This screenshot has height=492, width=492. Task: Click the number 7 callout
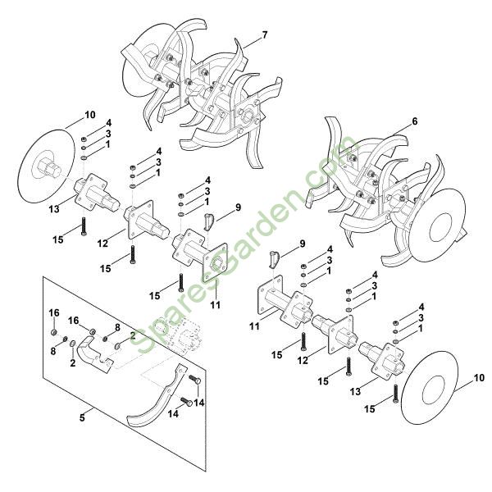click(x=265, y=34)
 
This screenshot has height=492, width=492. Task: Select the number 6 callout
click(x=415, y=121)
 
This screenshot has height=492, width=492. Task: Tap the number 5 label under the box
click(x=82, y=418)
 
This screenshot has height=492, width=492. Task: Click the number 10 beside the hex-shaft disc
click(x=89, y=115)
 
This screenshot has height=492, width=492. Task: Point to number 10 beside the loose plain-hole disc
click(x=479, y=378)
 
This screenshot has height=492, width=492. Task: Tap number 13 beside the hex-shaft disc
click(x=54, y=208)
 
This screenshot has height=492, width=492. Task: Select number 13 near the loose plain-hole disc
click(x=356, y=391)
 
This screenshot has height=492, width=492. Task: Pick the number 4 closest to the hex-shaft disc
click(x=109, y=123)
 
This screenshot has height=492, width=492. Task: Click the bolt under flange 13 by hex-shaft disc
click(x=84, y=226)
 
